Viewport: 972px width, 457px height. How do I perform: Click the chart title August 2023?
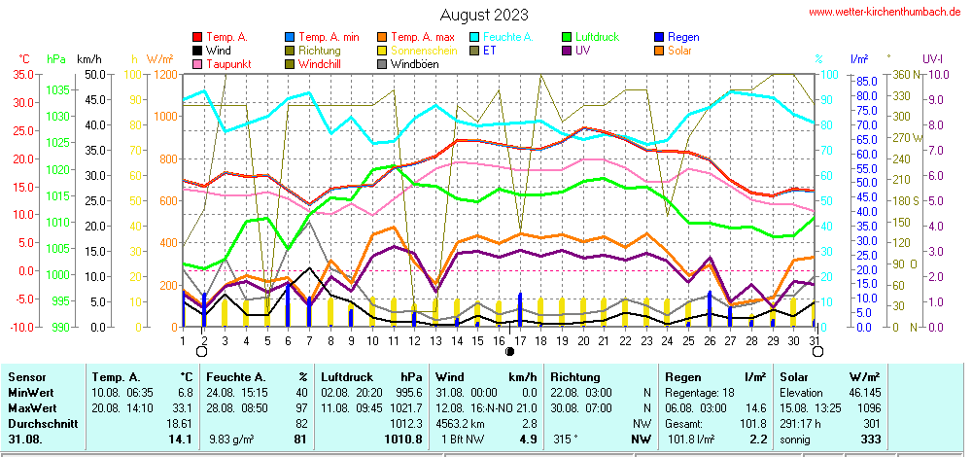484,15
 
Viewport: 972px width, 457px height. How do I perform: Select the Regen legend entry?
684,37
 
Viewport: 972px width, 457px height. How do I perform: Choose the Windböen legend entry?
414,64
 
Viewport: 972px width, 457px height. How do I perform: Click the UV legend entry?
582,51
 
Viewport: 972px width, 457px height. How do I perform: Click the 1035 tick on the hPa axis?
57,89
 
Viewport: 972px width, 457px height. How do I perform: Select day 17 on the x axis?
520,340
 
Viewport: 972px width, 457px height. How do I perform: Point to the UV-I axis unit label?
933,59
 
